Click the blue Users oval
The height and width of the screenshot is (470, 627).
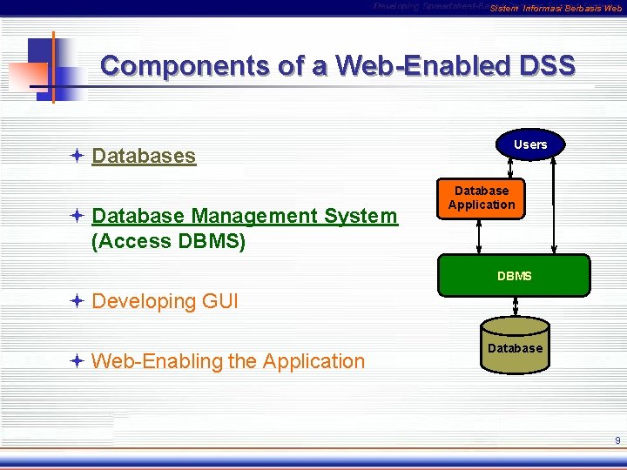coord(530,144)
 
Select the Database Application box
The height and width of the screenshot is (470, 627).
coord(482,198)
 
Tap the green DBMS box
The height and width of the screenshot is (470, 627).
coord(514,276)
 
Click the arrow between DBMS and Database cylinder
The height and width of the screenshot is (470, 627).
coord(516,305)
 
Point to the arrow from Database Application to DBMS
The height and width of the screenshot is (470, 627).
coord(478,237)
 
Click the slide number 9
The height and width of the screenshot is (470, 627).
coord(617,440)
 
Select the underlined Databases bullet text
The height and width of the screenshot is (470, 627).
coord(144,156)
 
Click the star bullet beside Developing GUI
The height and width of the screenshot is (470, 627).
coord(77,301)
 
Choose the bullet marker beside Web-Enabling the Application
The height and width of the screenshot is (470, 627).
coord(77,360)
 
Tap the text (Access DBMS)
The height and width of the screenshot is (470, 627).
coord(168,241)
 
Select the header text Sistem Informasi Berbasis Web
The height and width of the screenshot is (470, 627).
coord(556,9)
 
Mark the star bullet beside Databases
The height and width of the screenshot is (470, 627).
coord(77,156)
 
